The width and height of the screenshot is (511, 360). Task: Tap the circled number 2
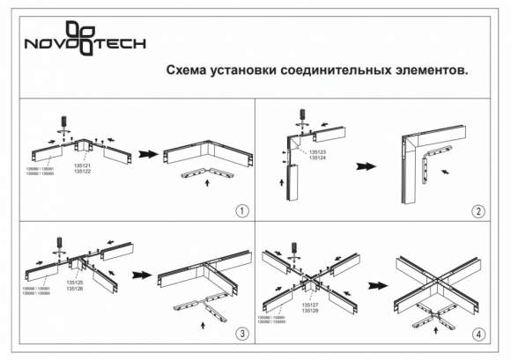click(478, 211)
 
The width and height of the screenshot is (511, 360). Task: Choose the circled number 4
click(478, 334)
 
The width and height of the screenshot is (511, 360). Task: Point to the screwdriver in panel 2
click(302, 116)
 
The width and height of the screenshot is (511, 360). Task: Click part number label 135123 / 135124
click(318, 155)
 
